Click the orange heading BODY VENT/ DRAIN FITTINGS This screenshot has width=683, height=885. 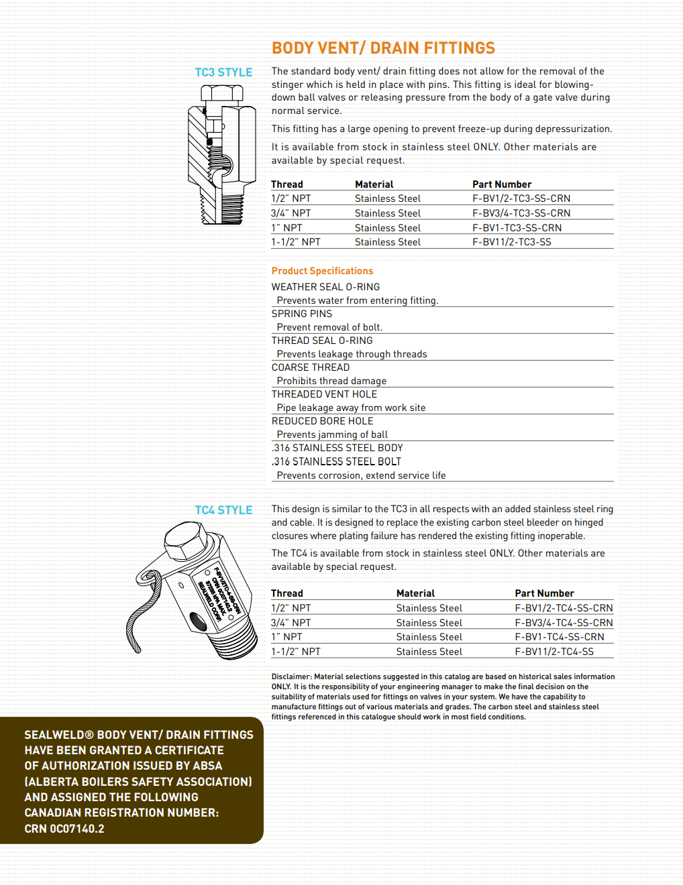[383, 48]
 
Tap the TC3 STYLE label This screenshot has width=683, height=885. [223, 72]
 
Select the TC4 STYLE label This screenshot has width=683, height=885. [223, 510]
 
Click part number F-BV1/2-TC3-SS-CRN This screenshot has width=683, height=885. [521, 198]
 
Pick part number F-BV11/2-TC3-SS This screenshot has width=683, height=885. [511, 242]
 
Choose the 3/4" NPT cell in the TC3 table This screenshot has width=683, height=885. [291, 213]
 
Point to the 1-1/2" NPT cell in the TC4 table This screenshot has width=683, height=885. [296, 652]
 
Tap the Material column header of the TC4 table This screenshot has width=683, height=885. [415, 593]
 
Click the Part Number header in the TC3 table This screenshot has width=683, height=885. [502, 184]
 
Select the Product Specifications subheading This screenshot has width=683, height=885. [322, 271]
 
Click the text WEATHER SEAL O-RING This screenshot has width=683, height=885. [325, 287]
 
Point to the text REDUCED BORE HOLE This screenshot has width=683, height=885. [322, 421]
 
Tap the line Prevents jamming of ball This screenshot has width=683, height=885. [332, 434]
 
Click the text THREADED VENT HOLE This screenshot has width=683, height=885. [324, 394]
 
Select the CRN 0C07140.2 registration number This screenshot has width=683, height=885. [64, 829]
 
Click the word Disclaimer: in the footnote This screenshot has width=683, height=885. [291, 676]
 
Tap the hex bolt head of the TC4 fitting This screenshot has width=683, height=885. [187, 540]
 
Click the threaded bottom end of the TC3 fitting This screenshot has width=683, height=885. [213, 207]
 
